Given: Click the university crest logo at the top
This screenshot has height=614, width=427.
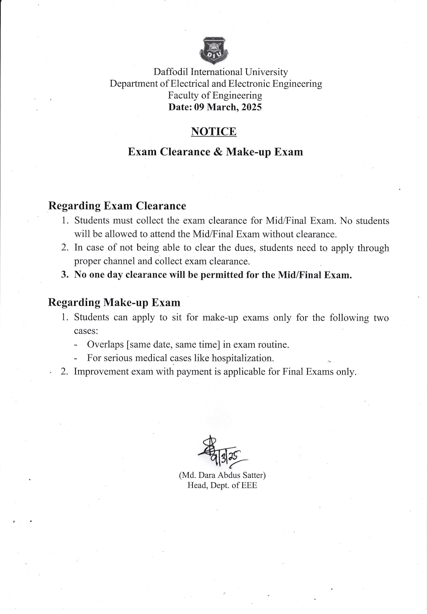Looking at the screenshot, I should click(213, 51).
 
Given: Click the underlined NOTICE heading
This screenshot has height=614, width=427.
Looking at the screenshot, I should click(213, 131).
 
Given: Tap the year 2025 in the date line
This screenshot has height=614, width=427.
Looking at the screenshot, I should click(251, 107).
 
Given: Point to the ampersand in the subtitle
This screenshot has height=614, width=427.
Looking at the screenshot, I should click(218, 152).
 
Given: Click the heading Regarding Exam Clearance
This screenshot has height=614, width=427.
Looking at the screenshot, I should click(117, 206).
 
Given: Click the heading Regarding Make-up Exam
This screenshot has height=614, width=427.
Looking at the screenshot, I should click(114, 302).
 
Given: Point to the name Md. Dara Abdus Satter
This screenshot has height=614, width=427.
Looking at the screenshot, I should click(222, 475).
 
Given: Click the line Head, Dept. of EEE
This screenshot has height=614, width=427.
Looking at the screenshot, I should click(222, 485).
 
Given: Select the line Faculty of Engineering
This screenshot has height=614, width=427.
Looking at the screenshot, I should click(215, 95).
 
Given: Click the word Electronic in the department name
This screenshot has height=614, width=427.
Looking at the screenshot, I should click(249, 84).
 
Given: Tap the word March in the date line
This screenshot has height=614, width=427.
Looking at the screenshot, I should click(222, 107).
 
